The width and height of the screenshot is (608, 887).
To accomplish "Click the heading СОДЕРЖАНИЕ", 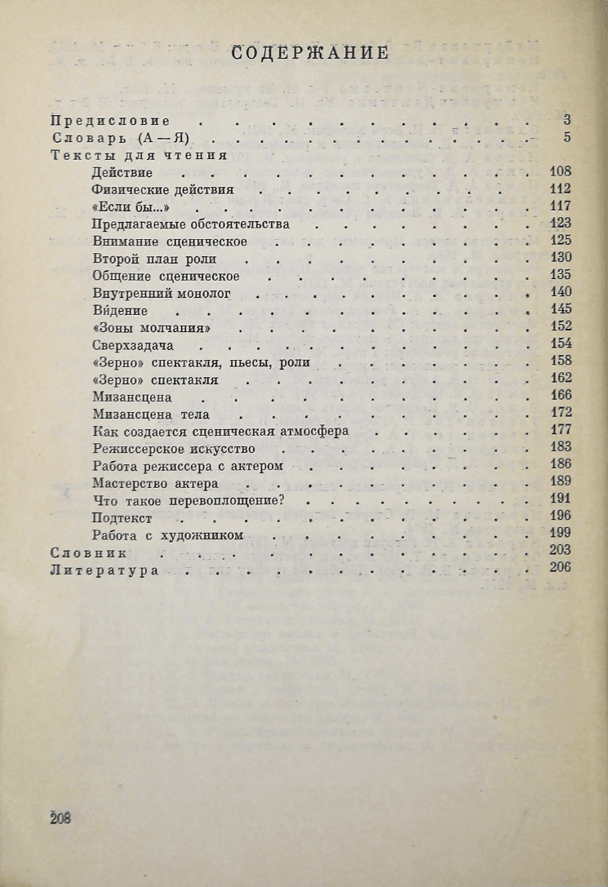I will (x=309, y=54).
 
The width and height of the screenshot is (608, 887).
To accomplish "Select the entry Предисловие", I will (x=104, y=120).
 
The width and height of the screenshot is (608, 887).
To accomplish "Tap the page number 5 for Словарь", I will (x=566, y=137).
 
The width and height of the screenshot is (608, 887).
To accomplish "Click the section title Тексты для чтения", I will (x=138, y=154).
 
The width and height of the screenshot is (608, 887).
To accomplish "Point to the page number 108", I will (x=561, y=171).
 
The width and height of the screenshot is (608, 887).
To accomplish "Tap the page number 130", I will (x=561, y=257).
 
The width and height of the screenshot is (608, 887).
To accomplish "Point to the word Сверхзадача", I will (x=134, y=344).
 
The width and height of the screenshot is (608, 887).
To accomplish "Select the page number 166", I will (x=561, y=396).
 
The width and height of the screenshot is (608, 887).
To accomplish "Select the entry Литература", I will (x=104, y=570).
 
